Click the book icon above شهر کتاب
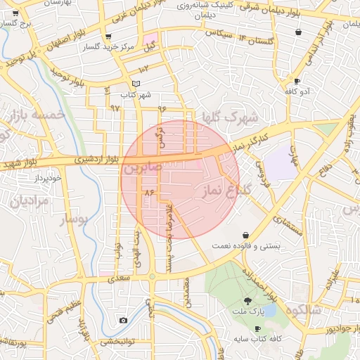click(x=136, y=84)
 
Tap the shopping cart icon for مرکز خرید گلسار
click(x=108, y=37)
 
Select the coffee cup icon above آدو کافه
click(x=297, y=81)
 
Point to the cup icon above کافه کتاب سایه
click(x=257, y=328)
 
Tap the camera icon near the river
click(x=124, y=321)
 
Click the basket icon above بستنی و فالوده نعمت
click(x=245, y=234)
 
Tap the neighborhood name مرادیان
click(x=28, y=201)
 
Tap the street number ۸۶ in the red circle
click(x=148, y=191)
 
